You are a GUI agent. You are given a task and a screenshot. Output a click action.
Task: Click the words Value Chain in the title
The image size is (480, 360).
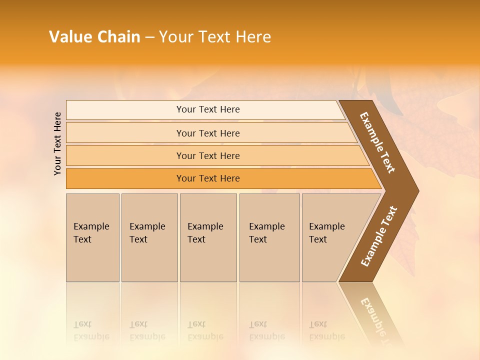tap(94, 37)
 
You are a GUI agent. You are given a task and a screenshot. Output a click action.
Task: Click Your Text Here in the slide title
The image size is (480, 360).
tap(215, 37)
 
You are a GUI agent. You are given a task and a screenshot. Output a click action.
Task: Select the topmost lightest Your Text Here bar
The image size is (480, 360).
tap(208, 109)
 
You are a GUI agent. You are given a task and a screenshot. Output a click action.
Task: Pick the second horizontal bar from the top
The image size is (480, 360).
tap(208, 133)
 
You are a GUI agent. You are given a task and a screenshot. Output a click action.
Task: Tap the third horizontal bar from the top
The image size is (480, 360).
tap(208, 155)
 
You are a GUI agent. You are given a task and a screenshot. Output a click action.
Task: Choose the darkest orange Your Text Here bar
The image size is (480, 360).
tap(208, 178)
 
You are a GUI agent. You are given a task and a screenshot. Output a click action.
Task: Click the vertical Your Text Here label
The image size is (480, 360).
tap(57, 143)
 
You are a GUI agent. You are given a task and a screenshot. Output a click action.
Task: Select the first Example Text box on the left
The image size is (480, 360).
tap(92, 237)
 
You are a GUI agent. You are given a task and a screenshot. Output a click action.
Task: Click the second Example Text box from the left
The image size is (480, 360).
tap(149, 237)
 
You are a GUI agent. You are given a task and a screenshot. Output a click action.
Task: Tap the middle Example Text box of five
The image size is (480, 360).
tap(208, 237)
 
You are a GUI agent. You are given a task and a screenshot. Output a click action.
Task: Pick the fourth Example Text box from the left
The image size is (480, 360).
tap(269, 237)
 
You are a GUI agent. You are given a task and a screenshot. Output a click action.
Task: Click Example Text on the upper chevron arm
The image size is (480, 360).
tap(378, 142)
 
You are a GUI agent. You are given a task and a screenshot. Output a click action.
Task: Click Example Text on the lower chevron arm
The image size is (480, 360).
tap(379, 236)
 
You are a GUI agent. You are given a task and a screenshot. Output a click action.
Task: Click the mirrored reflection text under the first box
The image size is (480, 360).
tap(91, 330)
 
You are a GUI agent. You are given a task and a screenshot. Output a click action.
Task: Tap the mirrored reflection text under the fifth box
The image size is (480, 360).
tap(327, 330)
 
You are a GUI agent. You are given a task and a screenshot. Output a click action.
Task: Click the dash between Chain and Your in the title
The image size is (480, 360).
tap(149, 37)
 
